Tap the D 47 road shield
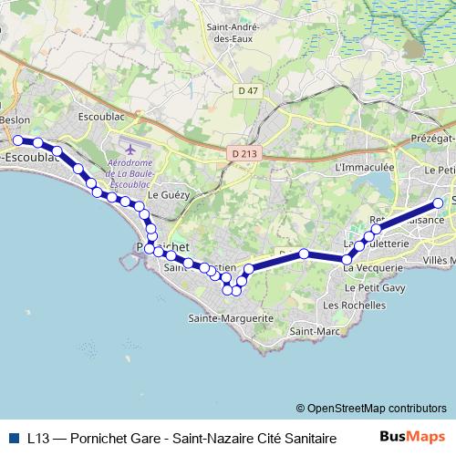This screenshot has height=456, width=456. pos(247,90)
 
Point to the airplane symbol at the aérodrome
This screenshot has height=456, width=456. pos(130,148)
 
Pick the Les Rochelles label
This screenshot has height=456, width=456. pos(349,305)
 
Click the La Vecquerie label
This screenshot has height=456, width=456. pos(373,268)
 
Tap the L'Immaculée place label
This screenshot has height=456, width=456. pos(365,168)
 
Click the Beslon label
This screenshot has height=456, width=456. pos(16,119)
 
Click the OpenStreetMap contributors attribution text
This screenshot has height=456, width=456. pos(371,408)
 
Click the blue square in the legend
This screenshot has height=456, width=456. pos(14,438)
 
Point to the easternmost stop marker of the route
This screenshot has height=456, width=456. pos(439,203)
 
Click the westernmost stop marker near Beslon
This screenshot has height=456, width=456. pos(17,140)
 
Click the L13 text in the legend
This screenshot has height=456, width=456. pos(37,438)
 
